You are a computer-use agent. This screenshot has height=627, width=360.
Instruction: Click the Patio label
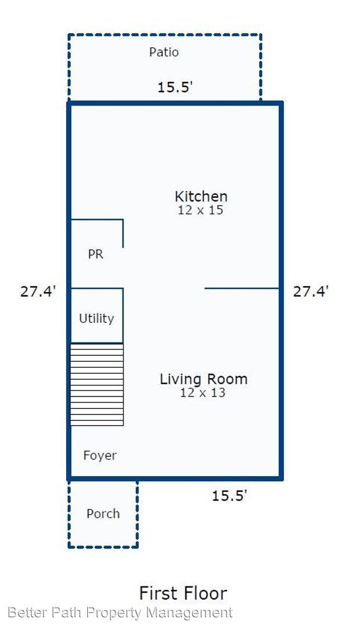(164, 52)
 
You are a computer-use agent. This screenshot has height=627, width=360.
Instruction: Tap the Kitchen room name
(201, 196)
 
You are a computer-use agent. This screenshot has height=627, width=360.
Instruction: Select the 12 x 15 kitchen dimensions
(200, 210)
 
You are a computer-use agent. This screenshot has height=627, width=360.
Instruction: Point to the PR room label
(96, 254)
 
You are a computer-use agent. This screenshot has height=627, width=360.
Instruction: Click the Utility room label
(96, 318)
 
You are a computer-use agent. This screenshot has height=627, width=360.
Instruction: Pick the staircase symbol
(97, 384)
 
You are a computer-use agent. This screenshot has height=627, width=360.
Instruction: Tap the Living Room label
(204, 379)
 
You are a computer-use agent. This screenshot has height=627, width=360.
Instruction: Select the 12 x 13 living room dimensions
(203, 392)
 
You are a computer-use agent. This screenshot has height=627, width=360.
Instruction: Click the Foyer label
(100, 456)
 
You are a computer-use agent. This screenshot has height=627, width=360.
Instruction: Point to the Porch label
(103, 513)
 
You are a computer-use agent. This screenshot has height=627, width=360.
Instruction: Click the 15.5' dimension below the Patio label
(175, 87)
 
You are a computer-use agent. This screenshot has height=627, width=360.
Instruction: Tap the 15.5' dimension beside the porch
(229, 496)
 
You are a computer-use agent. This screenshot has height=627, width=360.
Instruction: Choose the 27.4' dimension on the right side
(311, 291)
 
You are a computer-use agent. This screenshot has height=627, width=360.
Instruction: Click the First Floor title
(183, 593)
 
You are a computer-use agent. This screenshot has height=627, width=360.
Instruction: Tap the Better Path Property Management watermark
(120, 613)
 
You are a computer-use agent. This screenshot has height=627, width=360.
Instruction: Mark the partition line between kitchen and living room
(242, 288)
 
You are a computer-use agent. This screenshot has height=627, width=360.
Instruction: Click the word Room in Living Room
(229, 379)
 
